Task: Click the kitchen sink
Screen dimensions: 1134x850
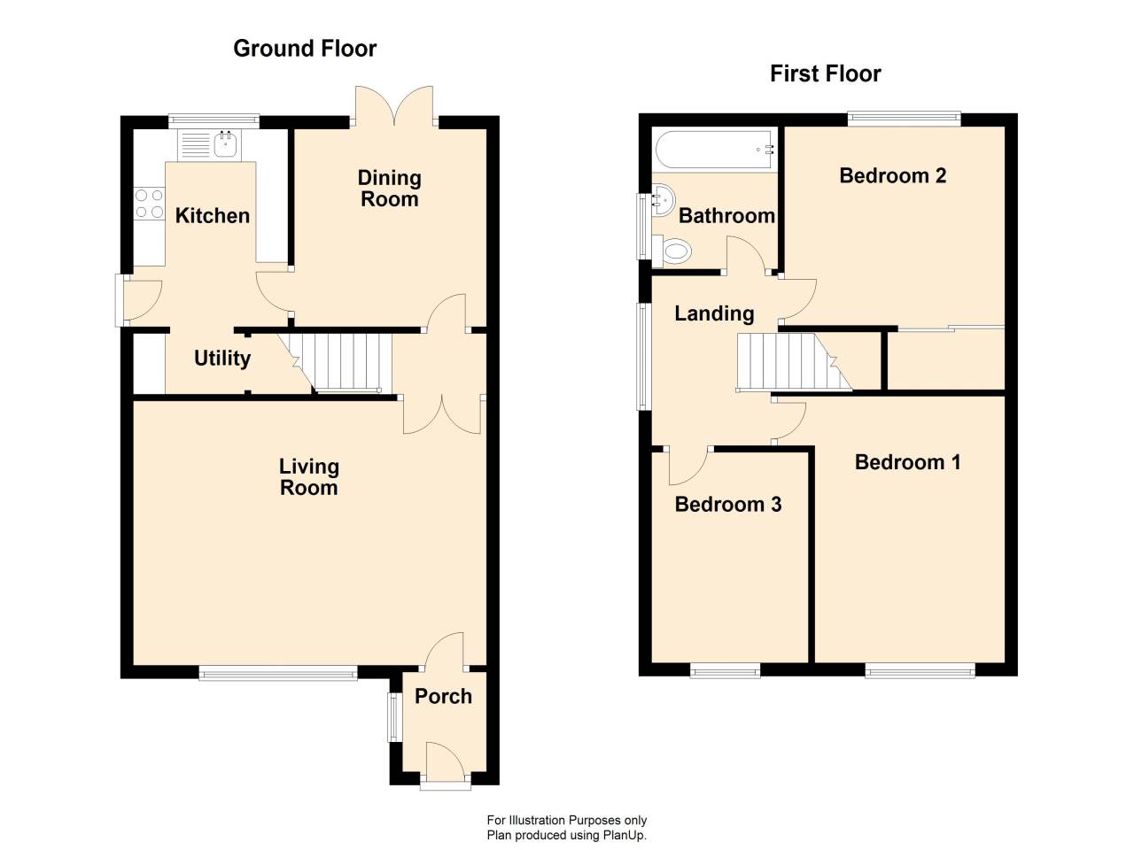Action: pyautogui.click(x=209, y=144)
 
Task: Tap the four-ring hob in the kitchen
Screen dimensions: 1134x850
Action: pyautogui.click(x=150, y=204)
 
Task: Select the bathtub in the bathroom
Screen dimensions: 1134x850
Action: pyautogui.click(x=715, y=150)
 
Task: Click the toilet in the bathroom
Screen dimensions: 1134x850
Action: pyautogui.click(x=672, y=251)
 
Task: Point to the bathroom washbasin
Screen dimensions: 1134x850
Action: pyautogui.click(x=663, y=200)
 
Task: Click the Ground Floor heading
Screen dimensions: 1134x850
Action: pyautogui.click(x=305, y=49)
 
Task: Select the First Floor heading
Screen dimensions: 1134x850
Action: pyautogui.click(x=825, y=73)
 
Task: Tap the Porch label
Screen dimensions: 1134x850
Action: pyautogui.click(x=443, y=697)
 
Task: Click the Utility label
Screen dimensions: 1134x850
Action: pyautogui.click(x=222, y=359)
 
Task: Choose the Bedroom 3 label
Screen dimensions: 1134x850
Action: pyautogui.click(x=728, y=504)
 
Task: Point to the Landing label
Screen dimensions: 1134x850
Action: pyautogui.click(x=714, y=313)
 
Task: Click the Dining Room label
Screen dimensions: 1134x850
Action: pyautogui.click(x=390, y=189)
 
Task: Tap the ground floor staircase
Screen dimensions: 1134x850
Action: pyautogui.click(x=336, y=362)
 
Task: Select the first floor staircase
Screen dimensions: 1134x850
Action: pyautogui.click(x=793, y=361)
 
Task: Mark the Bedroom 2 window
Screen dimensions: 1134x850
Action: pyautogui.click(x=904, y=120)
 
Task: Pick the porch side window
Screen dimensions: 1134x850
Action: pyautogui.click(x=395, y=717)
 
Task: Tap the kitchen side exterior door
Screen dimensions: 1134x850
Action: pyautogui.click(x=137, y=301)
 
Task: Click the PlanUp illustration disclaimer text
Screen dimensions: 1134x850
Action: pyautogui.click(x=567, y=827)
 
